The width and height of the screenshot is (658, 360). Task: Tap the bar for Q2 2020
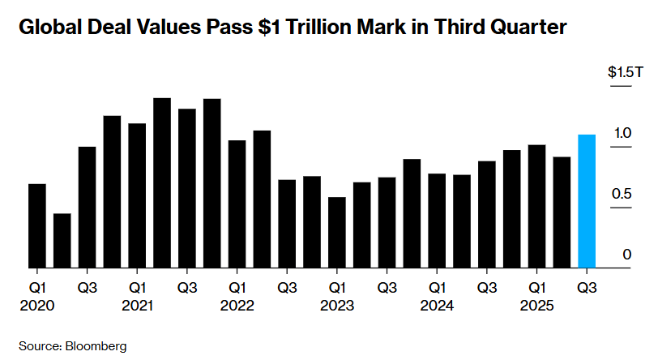click(x=62, y=240)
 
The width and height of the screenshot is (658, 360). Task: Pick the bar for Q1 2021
click(x=137, y=195)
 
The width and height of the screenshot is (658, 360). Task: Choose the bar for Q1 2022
click(x=237, y=204)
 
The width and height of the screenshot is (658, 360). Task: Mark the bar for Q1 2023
click(x=336, y=232)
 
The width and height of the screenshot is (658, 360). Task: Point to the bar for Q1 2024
click(x=437, y=220)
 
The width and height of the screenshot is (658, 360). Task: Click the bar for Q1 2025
click(x=536, y=206)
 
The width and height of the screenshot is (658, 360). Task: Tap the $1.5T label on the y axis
click(x=625, y=72)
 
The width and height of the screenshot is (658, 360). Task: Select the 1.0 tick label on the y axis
click(x=622, y=132)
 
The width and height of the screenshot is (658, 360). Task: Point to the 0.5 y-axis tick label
click(x=622, y=194)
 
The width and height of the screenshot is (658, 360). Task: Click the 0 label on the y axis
click(x=627, y=255)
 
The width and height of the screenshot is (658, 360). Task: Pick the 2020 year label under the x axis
click(x=37, y=306)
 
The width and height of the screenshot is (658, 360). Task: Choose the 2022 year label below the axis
click(x=237, y=306)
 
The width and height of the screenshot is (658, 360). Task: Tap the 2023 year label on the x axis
click(x=336, y=306)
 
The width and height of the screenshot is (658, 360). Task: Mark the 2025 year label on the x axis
click(x=536, y=306)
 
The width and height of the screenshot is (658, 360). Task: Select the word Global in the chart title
click(x=48, y=28)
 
